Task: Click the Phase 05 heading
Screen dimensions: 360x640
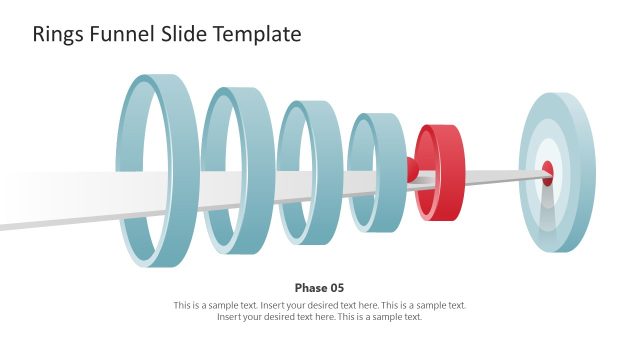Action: pos(319,288)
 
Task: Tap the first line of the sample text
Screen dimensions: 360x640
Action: pos(319,305)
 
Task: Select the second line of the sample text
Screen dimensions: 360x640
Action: pos(319,317)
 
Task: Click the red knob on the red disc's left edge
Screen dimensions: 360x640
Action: pos(410,169)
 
